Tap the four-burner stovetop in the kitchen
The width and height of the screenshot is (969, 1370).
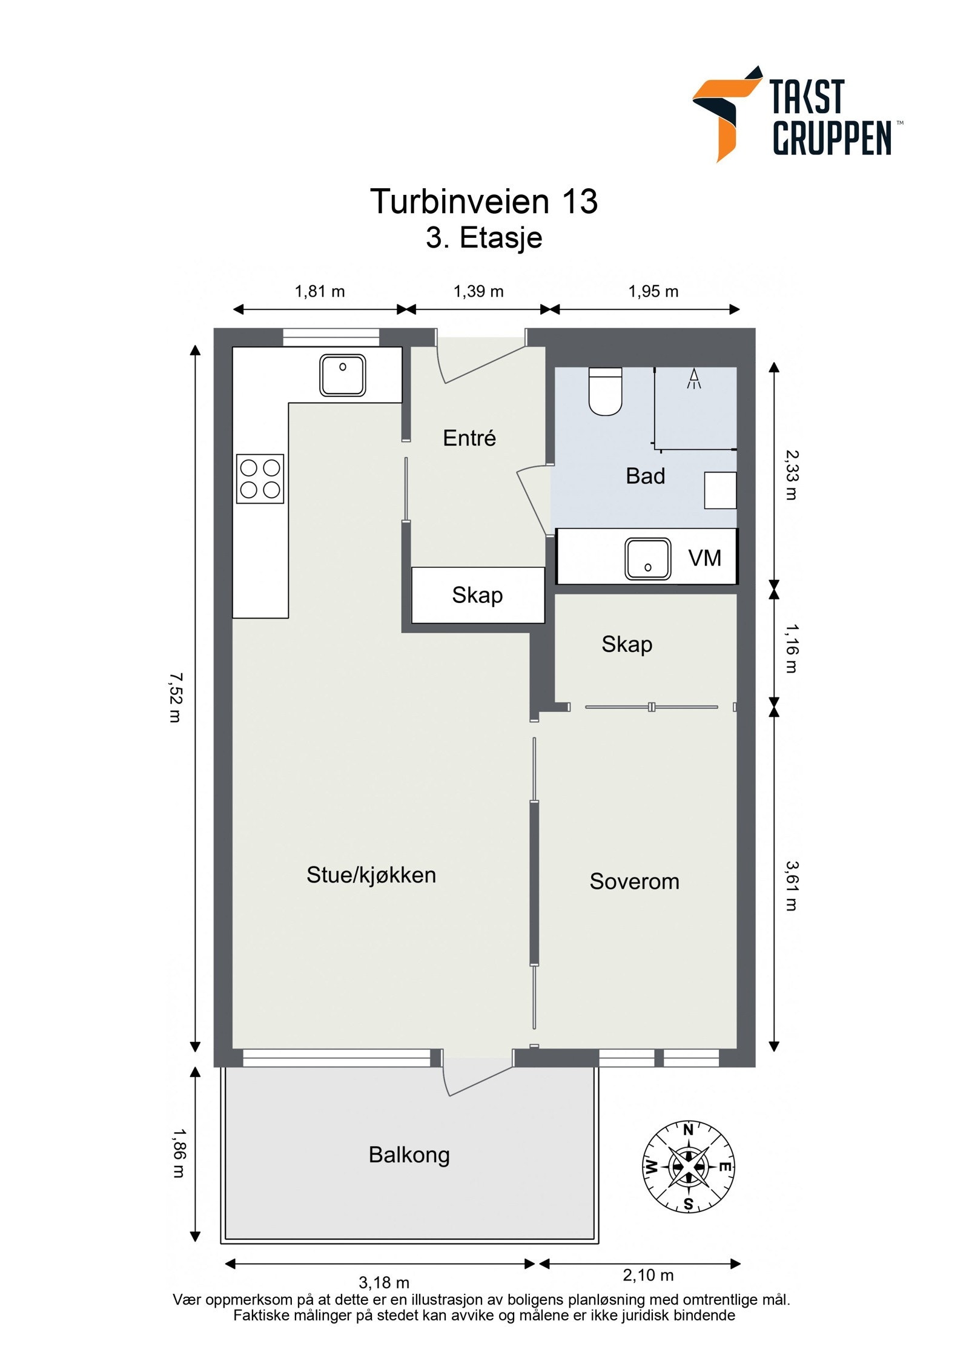[x=260, y=478]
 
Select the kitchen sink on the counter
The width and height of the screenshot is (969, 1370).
[x=342, y=375]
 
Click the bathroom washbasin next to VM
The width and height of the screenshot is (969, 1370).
[x=647, y=558]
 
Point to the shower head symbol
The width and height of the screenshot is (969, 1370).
[x=694, y=379]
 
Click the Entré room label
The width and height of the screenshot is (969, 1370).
[x=469, y=438]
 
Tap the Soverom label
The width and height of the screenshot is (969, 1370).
[x=634, y=881]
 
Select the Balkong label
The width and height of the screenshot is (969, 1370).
[x=409, y=1155]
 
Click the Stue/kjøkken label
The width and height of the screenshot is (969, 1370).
[x=371, y=875]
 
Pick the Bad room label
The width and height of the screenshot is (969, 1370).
[x=645, y=476]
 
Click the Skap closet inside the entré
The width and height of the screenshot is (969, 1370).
[x=478, y=595]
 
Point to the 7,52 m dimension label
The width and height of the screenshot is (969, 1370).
[x=175, y=697]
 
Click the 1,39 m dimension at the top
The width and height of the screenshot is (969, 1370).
[x=478, y=291]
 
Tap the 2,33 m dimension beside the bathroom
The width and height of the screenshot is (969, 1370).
[x=791, y=475]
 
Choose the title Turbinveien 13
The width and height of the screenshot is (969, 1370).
[x=484, y=201]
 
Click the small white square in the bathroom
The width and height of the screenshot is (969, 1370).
[x=720, y=490]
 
